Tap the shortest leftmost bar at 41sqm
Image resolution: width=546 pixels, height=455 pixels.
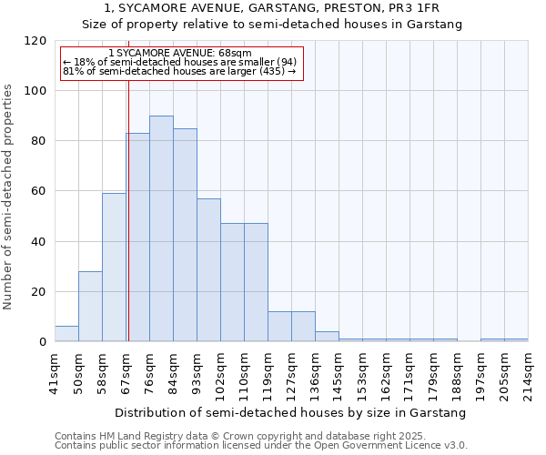(66, 334)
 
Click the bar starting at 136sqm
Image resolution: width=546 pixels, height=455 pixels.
(327, 337)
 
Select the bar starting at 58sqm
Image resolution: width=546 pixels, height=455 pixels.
(114, 268)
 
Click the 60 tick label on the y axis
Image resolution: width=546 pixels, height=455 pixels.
(38, 192)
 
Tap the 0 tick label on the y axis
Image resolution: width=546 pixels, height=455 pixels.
(42, 342)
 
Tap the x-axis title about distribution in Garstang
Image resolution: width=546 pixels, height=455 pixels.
(290, 412)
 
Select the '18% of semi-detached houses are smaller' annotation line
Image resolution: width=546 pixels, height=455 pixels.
(179, 62)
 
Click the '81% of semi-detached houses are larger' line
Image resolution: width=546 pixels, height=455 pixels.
(179, 71)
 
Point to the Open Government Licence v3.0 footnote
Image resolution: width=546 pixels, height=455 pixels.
(261, 446)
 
